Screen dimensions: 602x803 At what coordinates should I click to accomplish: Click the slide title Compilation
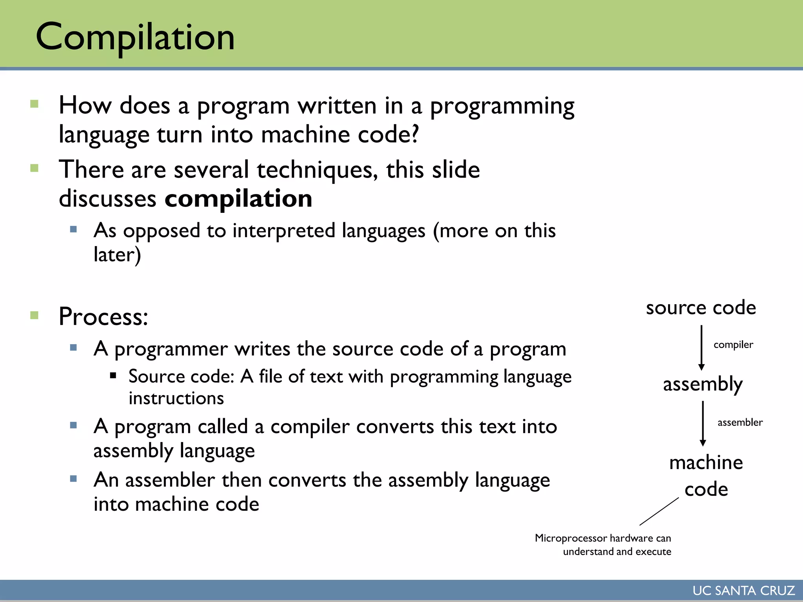(x=135, y=37)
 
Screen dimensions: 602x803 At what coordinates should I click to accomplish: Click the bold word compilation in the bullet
(x=238, y=199)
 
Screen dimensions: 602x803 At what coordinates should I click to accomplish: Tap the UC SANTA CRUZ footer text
(x=743, y=590)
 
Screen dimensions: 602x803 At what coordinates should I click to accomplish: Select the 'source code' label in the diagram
(x=701, y=308)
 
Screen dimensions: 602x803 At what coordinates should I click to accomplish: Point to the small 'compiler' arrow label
(x=733, y=345)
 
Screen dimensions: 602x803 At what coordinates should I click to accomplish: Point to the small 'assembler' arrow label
(x=740, y=422)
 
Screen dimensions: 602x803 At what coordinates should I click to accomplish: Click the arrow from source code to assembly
(x=701, y=347)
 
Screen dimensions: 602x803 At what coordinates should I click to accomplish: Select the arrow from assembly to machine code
(x=703, y=423)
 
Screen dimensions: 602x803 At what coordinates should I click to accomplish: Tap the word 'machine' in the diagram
(x=706, y=463)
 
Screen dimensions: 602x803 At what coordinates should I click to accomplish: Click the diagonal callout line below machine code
(x=659, y=511)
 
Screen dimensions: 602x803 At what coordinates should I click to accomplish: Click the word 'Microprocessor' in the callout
(x=570, y=538)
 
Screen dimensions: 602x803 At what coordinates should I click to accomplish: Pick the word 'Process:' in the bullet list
(x=104, y=316)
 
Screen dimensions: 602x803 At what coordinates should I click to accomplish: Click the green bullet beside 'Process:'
(x=35, y=315)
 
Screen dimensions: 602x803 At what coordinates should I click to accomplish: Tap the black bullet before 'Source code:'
(x=113, y=375)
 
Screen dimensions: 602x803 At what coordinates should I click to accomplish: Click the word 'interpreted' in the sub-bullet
(x=283, y=230)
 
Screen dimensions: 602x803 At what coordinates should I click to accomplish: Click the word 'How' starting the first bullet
(x=85, y=106)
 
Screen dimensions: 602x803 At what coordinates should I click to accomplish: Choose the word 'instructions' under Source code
(x=176, y=399)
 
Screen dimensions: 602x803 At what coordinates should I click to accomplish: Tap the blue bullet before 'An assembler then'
(x=73, y=479)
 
